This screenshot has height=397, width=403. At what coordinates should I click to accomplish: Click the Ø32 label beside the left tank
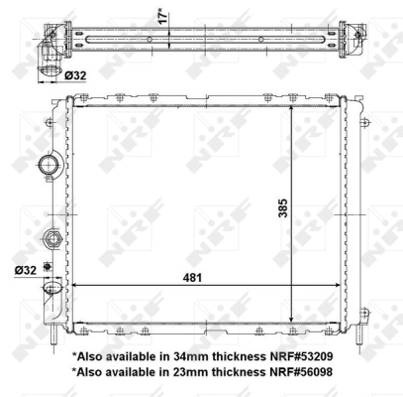(x=27, y=268)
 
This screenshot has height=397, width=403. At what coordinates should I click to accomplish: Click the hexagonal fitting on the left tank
(x=50, y=238)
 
